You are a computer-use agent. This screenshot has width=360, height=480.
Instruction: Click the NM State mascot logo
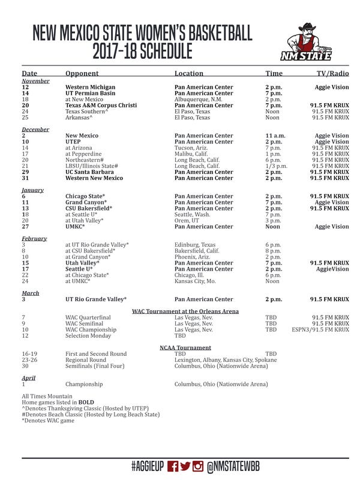[306, 42]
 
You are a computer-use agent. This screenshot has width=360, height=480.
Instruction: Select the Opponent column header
[82, 73]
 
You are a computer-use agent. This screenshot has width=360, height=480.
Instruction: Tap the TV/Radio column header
[332, 73]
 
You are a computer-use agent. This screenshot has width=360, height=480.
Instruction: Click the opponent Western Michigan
[90, 87]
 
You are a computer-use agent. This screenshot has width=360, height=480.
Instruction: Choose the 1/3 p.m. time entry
[277, 166]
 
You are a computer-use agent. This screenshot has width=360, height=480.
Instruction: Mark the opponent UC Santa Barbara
[90, 172]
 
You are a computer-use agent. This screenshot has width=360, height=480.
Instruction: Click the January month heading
[32, 190]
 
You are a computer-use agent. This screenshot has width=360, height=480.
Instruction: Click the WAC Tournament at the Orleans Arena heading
[185, 311]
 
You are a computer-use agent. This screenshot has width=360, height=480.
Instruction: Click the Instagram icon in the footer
[197, 466]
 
